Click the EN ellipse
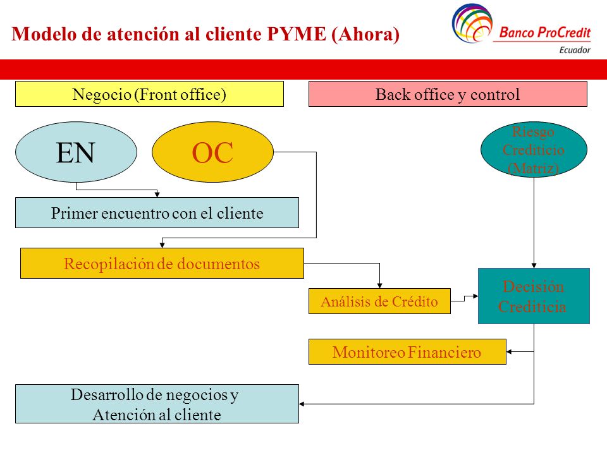pyautogui.click(x=76, y=152)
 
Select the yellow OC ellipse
pyautogui.click(x=212, y=152)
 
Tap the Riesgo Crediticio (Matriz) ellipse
pyautogui.click(x=534, y=149)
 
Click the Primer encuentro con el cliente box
pyautogui.click(x=157, y=213)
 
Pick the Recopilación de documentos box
pyautogui.click(x=162, y=263)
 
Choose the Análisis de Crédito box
pyautogui.click(x=379, y=301)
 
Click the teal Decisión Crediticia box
pyautogui.click(x=534, y=296)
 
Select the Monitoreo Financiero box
pyautogui.click(x=407, y=352)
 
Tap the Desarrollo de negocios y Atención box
pyautogui.click(x=157, y=404)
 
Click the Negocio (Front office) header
pyautogui.click(x=149, y=94)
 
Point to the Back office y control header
pyautogui.click(x=448, y=94)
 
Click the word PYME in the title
pyautogui.click(x=297, y=34)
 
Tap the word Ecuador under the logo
pyautogui.click(x=575, y=50)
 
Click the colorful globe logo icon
pyautogui.click(x=472, y=23)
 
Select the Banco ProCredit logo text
pyautogui.click(x=545, y=32)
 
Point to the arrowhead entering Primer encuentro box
pyautogui.click(x=157, y=195)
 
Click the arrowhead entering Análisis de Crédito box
pyautogui.click(x=380, y=286)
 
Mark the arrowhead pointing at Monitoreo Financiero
pyautogui.click(x=509, y=352)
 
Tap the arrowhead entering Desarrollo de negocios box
pyautogui.click(x=302, y=404)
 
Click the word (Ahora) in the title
pyautogui.click(x=365, y=34)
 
